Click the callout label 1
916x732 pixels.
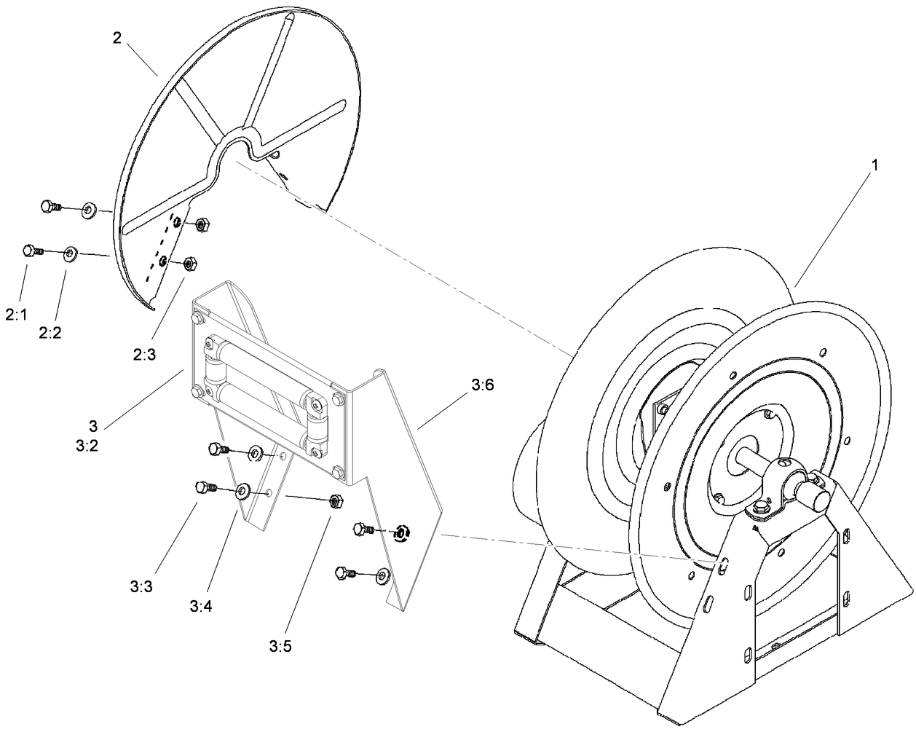(874, 165)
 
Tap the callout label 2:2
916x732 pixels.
(50, 332)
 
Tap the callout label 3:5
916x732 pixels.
(280, 645)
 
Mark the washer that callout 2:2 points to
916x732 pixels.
(71, 253)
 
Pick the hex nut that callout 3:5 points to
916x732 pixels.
(336, 501)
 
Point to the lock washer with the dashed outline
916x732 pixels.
(399, 533)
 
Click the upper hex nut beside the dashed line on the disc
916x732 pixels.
(203, 225)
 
